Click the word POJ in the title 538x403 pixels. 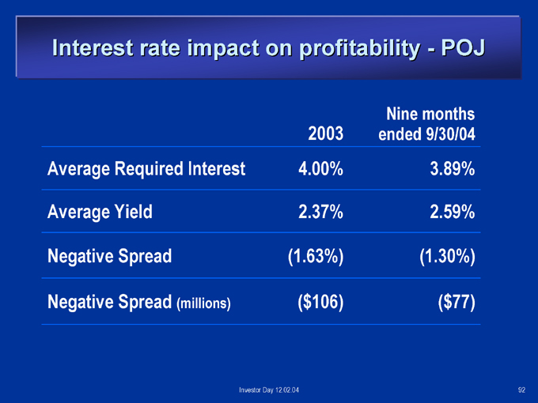pos(463,47)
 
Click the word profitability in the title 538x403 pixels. pos(359,49)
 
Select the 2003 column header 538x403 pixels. pos(326,134)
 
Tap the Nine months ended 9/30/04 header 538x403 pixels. pos(426,124)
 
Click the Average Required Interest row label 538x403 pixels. pos(146,169)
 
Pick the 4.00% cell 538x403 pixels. pos(320,169)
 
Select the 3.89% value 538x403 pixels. pos(453,169)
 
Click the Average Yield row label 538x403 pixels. pos(100,212)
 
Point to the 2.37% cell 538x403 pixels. pos(320,212)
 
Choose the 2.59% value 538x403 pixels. pos(453,212)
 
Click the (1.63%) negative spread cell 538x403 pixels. pos(316,256)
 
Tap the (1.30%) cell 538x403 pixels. pos(448,256)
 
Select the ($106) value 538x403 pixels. pos(320,302)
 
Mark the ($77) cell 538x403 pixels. pos(457,302)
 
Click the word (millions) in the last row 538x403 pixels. pos(203,303)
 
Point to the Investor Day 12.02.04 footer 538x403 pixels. pos(269,390)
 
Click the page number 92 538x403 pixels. pos(521,390)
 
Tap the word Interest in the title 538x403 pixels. pos(93,47)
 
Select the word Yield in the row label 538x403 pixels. pos(134,212)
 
